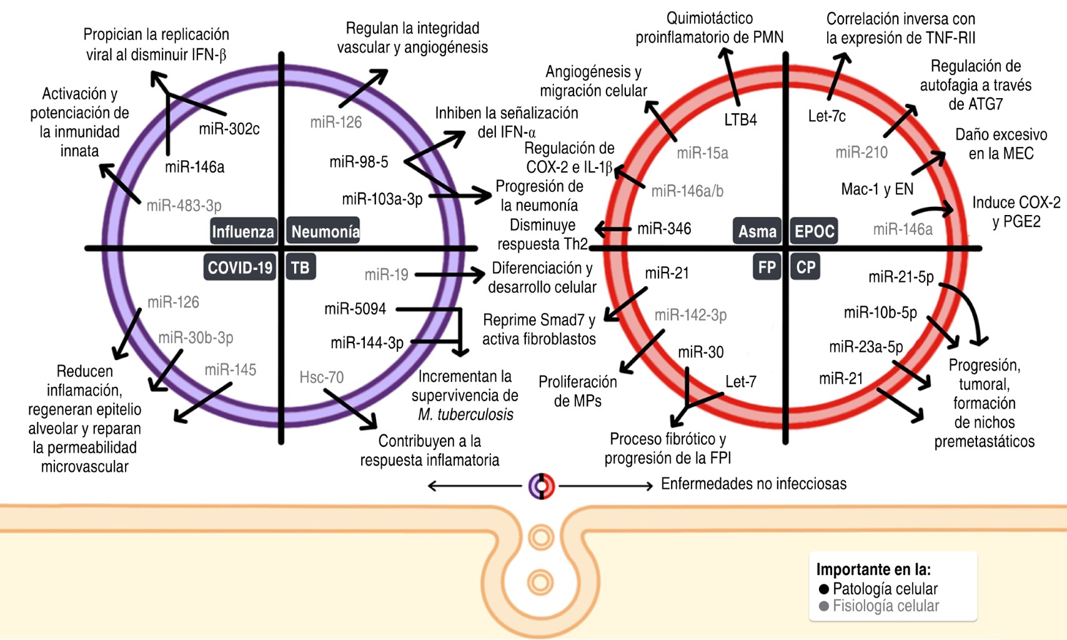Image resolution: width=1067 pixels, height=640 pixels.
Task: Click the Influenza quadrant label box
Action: pyautogui.click(x=243, y=231)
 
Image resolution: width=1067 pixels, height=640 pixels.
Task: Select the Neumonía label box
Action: pyautogui.click(x=324, y=231)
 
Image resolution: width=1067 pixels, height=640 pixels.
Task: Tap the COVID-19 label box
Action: pyautogui.click(x=240, y=267)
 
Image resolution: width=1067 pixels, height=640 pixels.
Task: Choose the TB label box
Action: pyautogui.click(x=300, y=267)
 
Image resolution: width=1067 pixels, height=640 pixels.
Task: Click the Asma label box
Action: pyautogui.click(x=757, y=231)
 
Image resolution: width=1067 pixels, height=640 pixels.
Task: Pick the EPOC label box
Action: pyautogui.click(x=814, y=231)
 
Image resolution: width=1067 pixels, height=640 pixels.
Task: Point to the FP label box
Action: pyautogui.click(x=767, y=267)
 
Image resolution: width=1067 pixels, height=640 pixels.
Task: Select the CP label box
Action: pyautogui.click(x=805, y=267)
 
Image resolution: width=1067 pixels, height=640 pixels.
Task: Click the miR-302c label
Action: pyautogui.click(x=229, y=129)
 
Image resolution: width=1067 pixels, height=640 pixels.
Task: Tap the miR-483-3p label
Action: pyautogui.click(x=184, y=206)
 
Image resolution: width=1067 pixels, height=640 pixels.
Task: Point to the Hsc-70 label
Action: pyautogui.click(x=321, y=377)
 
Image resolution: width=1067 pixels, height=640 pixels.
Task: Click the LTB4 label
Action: pyautogui.click(x=740, y=119)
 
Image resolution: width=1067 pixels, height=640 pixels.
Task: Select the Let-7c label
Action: pyautogui.click(x=826, y=116)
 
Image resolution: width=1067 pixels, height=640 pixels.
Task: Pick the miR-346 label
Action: pyautogui.click(x=664, y=229)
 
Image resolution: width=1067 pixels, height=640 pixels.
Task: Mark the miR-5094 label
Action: pyautogui.click(x=355, y=309)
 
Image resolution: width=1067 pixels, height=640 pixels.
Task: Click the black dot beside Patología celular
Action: pyautogui.click(x=824, y=589)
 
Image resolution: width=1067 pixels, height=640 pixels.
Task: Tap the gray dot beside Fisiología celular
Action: pyautogui.click(x=824, y=606)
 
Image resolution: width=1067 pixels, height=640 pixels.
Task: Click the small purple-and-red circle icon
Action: pyautogui.click(x=542, y=486)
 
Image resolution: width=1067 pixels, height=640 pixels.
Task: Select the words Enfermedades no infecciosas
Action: pyautogui.click(x=753, y=484)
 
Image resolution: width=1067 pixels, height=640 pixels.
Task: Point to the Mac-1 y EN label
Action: pyautogui.click(x=877, y=189)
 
